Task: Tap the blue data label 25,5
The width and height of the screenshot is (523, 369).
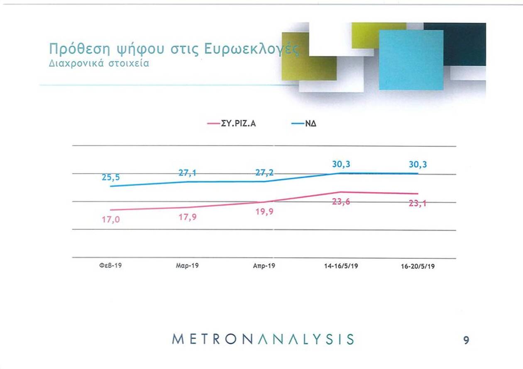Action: pyautogui.click(x=111, y=177)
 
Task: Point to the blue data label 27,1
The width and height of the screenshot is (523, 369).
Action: pyautogui.click(x=188, y=173)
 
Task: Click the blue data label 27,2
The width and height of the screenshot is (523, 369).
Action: pyautogui.click(x=264, y=173)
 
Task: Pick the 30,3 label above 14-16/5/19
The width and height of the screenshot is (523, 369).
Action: pyautogui.click(x=341, y=164)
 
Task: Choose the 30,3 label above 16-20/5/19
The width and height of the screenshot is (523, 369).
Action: pyautogui.click(x=418, y=164)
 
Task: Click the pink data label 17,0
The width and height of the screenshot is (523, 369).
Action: pyautogui.click(x=111, y=220)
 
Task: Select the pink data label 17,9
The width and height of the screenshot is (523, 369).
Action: pyautogui.click(x=188, y=217)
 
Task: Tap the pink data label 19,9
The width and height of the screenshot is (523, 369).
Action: pyautogui.click(x=264, y=212)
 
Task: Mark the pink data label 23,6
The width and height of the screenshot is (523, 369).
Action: pyautogui.click(x=341, y=202)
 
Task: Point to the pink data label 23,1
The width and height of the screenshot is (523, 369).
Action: pyautogui.click(x=418, y=203)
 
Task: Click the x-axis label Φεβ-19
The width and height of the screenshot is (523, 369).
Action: pyautogui.click(x=110, y=265)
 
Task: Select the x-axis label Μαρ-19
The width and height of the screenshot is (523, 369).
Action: pyautogui.click(x=187, y=265)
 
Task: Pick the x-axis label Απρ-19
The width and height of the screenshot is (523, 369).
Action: pyautogui.click(x=264, y=266)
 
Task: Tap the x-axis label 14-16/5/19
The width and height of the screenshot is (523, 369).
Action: pyautogui.click(x=341, y=266)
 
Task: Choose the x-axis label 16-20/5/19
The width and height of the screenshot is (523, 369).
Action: pyautogui.click(x=418, y=267)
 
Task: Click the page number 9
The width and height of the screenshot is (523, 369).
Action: pyautogui.click(x=467, y=340)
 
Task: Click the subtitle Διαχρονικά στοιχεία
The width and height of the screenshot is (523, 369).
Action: pyautogui.click(x=99, y=65)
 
